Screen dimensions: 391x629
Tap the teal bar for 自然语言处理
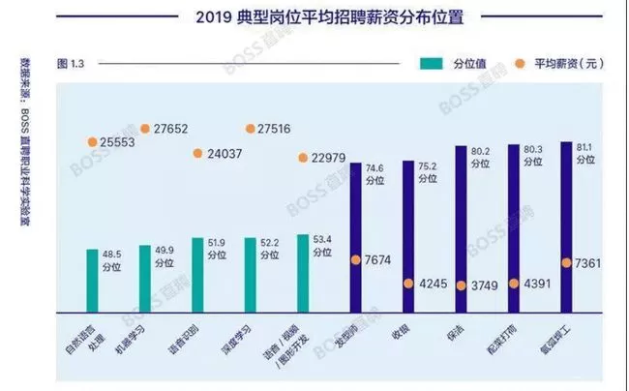coord(93,280)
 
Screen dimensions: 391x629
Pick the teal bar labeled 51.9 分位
coord(197,275)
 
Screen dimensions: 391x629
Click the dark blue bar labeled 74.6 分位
coord(355,237)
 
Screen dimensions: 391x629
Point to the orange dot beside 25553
coord(93,141)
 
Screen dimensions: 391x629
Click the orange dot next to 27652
coord(145,128)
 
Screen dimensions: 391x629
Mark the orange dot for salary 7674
coord(355,259)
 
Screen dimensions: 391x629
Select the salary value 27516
coord(280,129)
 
